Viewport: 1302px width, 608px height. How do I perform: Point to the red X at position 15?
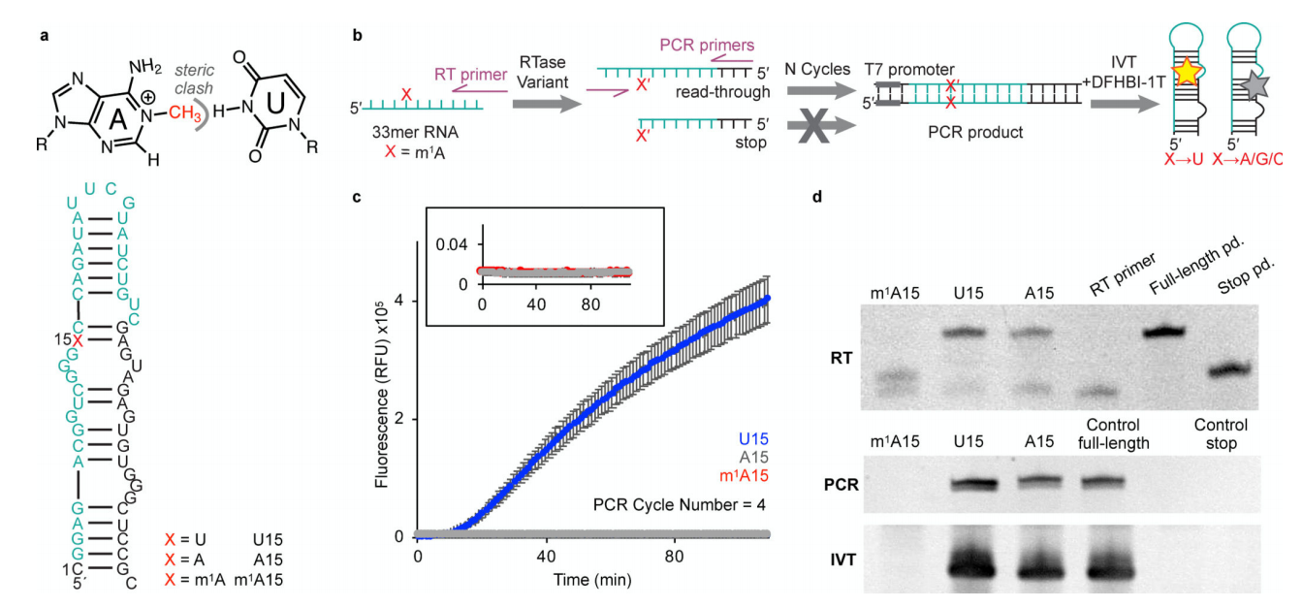tap(77, 340)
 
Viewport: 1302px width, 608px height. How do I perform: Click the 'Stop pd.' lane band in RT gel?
tap(1229, 369)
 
